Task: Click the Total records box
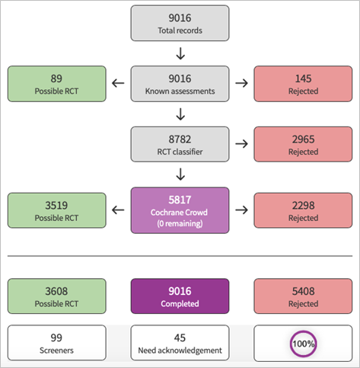point(180,23)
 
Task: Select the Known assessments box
point(180,84)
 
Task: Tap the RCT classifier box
point(180,144)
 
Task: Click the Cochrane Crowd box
point(180,210)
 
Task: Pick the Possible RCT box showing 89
point(57,84)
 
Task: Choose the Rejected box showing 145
point(303,84)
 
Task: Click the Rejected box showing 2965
point(303,144)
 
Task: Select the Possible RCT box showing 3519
point(57,210)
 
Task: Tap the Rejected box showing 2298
point(303,210)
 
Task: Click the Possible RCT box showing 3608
point(57,296)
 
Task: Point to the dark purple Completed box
point(180,296)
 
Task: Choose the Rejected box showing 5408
point(303,296)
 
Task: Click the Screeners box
point(57,343)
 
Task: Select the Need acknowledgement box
point(180,343)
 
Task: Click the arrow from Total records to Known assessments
point(180,53)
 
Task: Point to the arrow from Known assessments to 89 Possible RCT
point(118,83)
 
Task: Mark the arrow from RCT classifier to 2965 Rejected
point(241,144)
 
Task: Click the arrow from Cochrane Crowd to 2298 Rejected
point(241,210)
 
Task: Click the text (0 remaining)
point(180,223)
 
